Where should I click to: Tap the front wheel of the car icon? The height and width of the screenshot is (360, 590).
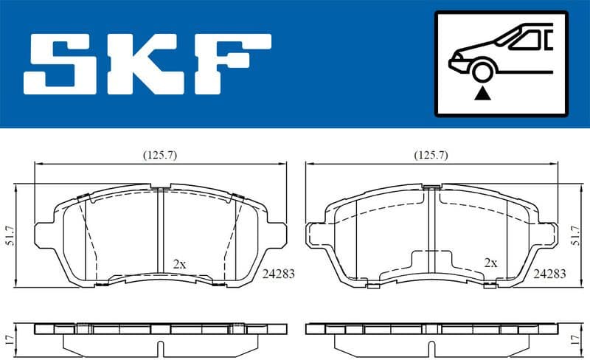(484, 72)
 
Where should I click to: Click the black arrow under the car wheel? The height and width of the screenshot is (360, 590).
(484, 93)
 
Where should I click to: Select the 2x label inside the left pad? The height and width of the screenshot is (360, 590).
(178, 263)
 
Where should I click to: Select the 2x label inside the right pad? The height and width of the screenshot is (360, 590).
(490, 263)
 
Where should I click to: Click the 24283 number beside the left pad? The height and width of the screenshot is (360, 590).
(278, 273)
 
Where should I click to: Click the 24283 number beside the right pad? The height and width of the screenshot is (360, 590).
(549, 273)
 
